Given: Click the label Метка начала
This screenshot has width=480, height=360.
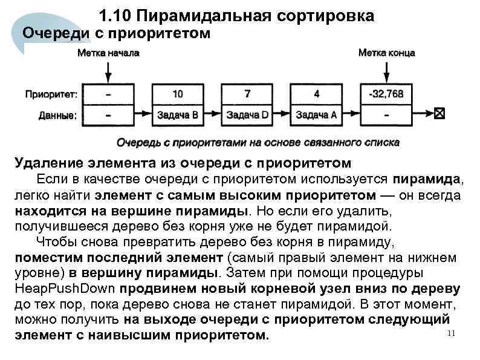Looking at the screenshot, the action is coord(108,53).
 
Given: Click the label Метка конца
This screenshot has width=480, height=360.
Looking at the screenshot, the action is coord(387,53).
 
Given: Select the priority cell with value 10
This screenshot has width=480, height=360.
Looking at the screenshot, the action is coord(178,94).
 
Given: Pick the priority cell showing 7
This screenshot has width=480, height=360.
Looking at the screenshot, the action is coord(247,94).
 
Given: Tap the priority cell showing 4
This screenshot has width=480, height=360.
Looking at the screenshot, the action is coord(317,94).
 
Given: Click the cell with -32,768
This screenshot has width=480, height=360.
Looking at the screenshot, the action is coord(386,94).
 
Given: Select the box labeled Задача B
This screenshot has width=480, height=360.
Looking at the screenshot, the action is coord(178,114).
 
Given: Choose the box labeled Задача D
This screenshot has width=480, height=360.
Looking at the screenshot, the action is coord(247,114).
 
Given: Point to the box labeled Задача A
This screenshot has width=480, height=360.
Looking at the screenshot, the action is coord(317,114).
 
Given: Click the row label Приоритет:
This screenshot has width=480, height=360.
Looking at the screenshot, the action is coord(51,94).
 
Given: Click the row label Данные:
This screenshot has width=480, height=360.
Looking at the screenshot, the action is coord(57,114).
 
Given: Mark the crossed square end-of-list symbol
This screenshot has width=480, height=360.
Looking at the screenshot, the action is coord(439,113).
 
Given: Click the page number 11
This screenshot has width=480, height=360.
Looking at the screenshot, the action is coord(449,335).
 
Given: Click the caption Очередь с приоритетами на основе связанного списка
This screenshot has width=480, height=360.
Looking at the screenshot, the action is coord(258,143).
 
